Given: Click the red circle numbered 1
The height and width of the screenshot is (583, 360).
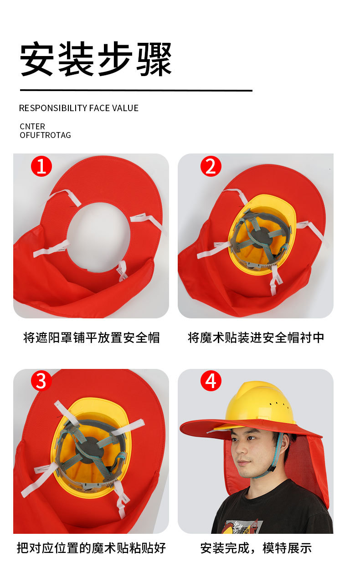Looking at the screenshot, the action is point(41,166).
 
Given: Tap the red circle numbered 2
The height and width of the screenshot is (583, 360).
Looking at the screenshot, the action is point(211,166).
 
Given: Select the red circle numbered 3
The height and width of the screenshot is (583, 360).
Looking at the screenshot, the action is point(41,381).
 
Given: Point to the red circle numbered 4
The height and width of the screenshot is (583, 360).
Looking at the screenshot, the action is point(211,381).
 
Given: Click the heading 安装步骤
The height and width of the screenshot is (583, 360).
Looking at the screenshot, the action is point(96,59).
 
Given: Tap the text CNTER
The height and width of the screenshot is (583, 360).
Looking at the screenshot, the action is point(32,127).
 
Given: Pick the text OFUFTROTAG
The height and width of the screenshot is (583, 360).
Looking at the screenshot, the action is point(45,135).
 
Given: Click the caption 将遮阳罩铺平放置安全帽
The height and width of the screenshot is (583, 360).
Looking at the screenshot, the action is point(92,338).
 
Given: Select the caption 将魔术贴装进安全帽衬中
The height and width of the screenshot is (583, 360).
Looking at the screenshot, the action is point(256,338).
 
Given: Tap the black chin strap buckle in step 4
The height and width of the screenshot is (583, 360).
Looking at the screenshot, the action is point(273,467).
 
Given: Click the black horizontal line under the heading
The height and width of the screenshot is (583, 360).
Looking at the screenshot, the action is point(136,90).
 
